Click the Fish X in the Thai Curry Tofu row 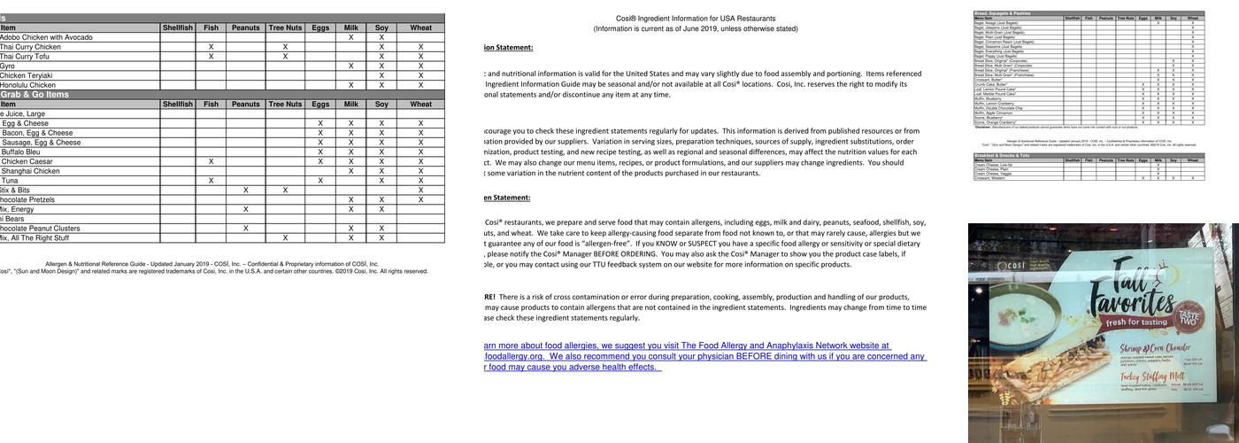pyautogui.click(x=211, y=57)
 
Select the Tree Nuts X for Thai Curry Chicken pyautogui.click(x=285, y=47)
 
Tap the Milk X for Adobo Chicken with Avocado pyautogui.click(x=351, y=37)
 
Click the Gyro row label pyautogui.click(x=7, y=66)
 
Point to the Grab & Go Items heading pyautogui.click(x=35, y=95)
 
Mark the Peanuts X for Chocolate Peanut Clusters pyautogui.click(x=245, y=229)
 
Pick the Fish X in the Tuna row pyautogui.click(x=211, y=181)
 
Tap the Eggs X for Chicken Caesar pyautogui.click(x=320, y=162)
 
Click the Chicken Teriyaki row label pyautogui.click(x=27, y=76)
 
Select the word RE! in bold pyautogui.click(x=489, y=298)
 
